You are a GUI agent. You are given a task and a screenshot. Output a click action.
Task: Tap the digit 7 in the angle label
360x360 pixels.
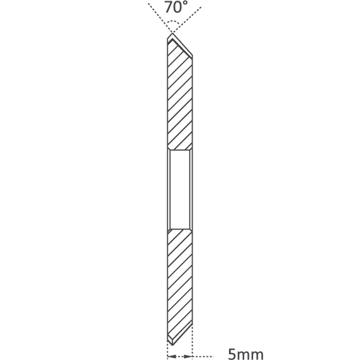168,7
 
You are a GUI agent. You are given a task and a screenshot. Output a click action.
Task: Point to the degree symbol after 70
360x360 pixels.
185,3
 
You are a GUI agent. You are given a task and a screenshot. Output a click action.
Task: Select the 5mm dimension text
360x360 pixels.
246,354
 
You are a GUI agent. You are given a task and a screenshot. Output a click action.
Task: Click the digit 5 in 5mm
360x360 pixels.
232,354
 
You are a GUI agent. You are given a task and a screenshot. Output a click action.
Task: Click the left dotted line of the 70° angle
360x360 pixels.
160,18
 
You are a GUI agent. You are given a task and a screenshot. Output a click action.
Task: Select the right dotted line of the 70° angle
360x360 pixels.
187,20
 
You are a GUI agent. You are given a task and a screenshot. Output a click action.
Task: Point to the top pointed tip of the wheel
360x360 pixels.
172,34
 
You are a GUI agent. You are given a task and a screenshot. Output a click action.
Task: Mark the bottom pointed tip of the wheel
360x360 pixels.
172,345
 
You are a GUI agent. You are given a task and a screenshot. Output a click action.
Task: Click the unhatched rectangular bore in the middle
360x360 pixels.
180,190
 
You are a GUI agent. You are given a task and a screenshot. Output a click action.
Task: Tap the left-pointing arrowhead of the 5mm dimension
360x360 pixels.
172,357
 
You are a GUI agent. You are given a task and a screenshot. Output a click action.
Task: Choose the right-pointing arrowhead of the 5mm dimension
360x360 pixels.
188,357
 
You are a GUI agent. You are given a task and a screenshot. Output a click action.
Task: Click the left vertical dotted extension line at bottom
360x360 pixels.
168,350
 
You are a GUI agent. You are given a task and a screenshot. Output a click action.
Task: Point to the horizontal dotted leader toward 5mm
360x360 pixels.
203,357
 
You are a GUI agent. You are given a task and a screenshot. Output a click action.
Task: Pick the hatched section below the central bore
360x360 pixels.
180,285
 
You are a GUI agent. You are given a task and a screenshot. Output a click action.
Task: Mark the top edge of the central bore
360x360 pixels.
180,150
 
